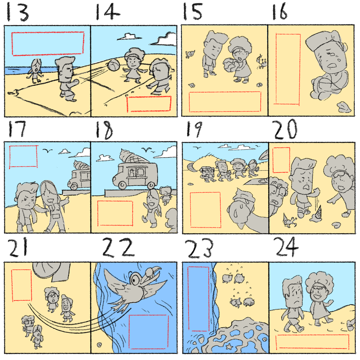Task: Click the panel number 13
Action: pos(18,12)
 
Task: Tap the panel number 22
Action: pos(118,247)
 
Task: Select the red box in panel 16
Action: pos(288,69)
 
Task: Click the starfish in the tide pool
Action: pos(228,346)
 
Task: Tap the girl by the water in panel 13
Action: pos(35,70)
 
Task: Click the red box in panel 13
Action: pos(48,44)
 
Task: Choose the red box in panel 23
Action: pos(199,299)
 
